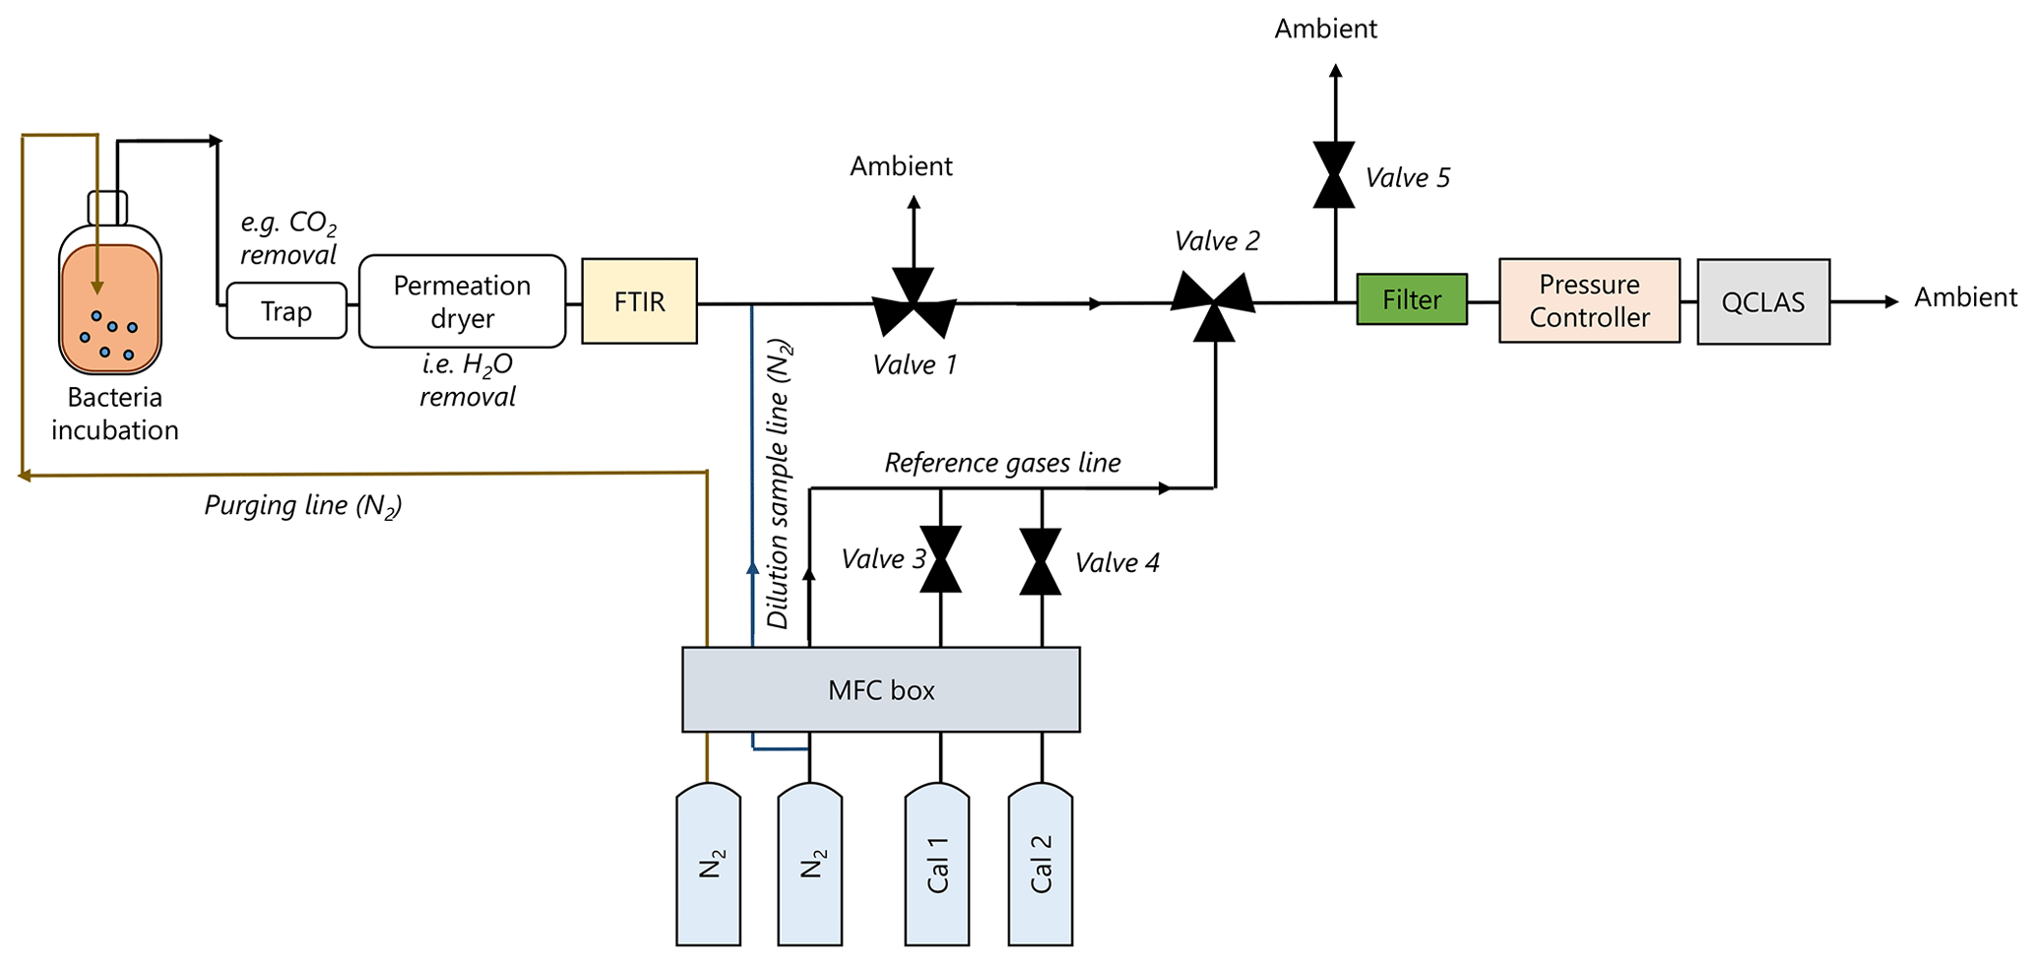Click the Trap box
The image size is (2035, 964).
286,311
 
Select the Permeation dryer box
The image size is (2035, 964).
463,301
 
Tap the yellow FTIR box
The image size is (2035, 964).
640,301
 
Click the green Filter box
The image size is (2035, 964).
1412,299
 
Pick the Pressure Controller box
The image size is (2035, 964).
1590,300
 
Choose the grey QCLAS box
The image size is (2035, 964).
1763,301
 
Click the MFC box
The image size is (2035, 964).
881,689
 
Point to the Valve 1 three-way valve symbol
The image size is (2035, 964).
914,307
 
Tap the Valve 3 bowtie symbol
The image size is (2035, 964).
940,559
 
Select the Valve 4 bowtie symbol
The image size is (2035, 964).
1041,561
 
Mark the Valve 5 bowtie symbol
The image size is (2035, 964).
1334,174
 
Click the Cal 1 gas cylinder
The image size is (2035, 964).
937,865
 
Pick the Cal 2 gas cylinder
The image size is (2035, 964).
1041,865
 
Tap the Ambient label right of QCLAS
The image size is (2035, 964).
1965,297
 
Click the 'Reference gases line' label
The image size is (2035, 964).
1002,463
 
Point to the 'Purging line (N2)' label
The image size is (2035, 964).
303,506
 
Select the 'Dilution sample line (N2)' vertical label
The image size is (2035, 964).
779,484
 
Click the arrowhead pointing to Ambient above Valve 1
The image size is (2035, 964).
914,202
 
